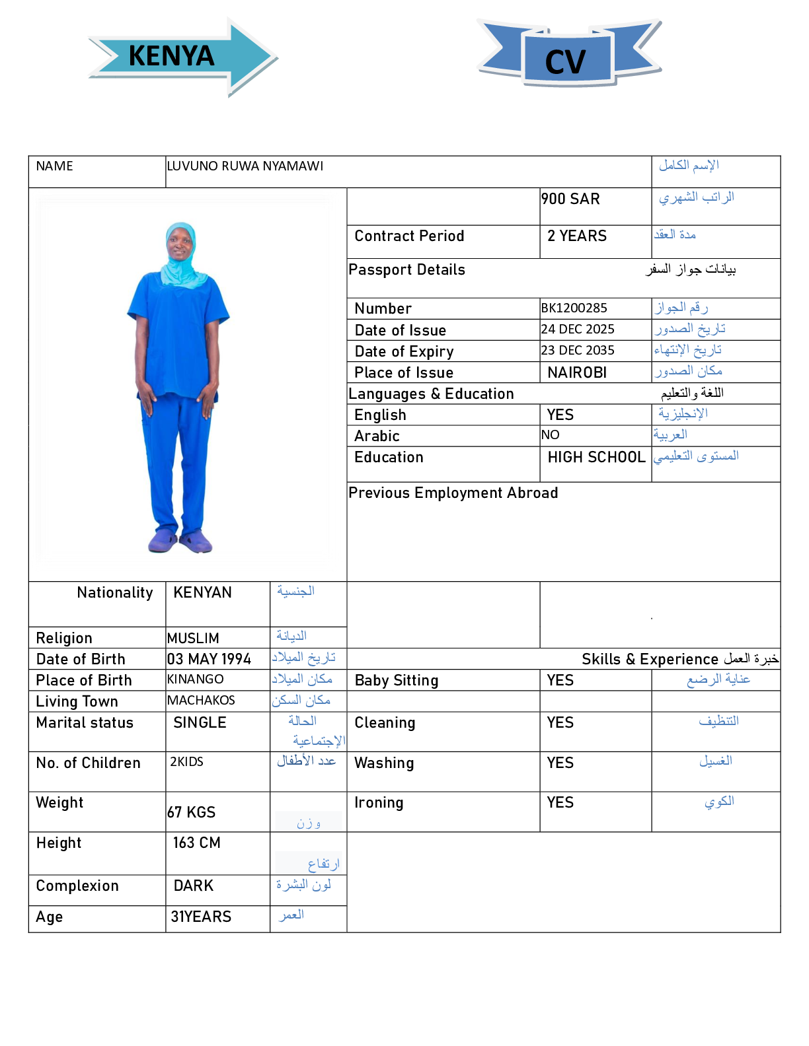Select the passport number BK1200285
pyautogui.click(x=574, y=308)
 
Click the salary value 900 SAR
pyautogui.click(x=570, y=199)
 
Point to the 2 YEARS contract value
pyautogui.click(x=576, y=236)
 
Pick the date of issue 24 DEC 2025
pyautogui.click(x=578, y=330)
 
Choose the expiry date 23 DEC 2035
pyautogui.click(x=578, y=351)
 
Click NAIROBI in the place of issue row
pyautogui.click(x=577, y=372)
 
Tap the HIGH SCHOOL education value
pyautogui.click(x=596, y=458)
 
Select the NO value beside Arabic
pyautogui.click(x=550, y=435)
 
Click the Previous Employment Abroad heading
pyautogui.click(x=453, y=493)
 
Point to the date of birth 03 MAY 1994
pyautogui.click(x=209, y=659)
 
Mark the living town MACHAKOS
pyautogui.click(x=201, y=701)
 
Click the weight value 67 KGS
pyautogui.click(x=191, y=812)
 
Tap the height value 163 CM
pyautogui.click(x=196, y=843)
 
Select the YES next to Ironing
pyautogui.click(x=560, y=803)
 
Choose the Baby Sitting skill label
pyautogui.click(x=397, y=681)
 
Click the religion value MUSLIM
pyautogui.click(x=193, y=639)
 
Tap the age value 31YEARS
pyautogui.click(x=201, y=917)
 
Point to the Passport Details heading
pyautogui.click(x=406, y=270)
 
